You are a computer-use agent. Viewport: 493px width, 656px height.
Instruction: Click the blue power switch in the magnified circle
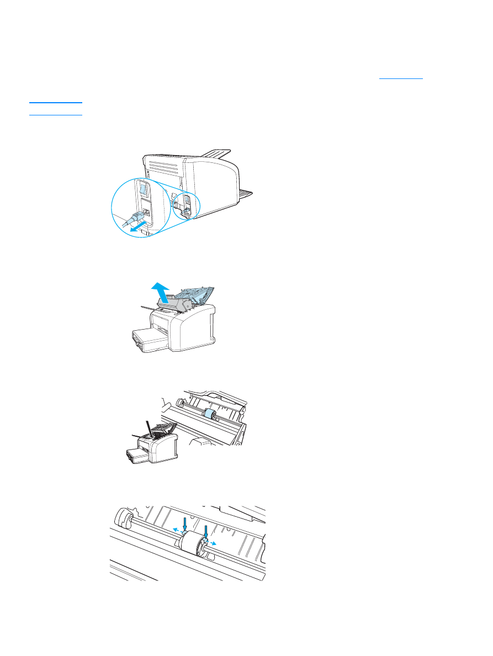143,191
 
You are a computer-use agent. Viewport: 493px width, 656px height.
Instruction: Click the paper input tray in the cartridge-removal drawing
149,337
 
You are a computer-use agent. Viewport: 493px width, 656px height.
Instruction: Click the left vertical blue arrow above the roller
184,523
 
